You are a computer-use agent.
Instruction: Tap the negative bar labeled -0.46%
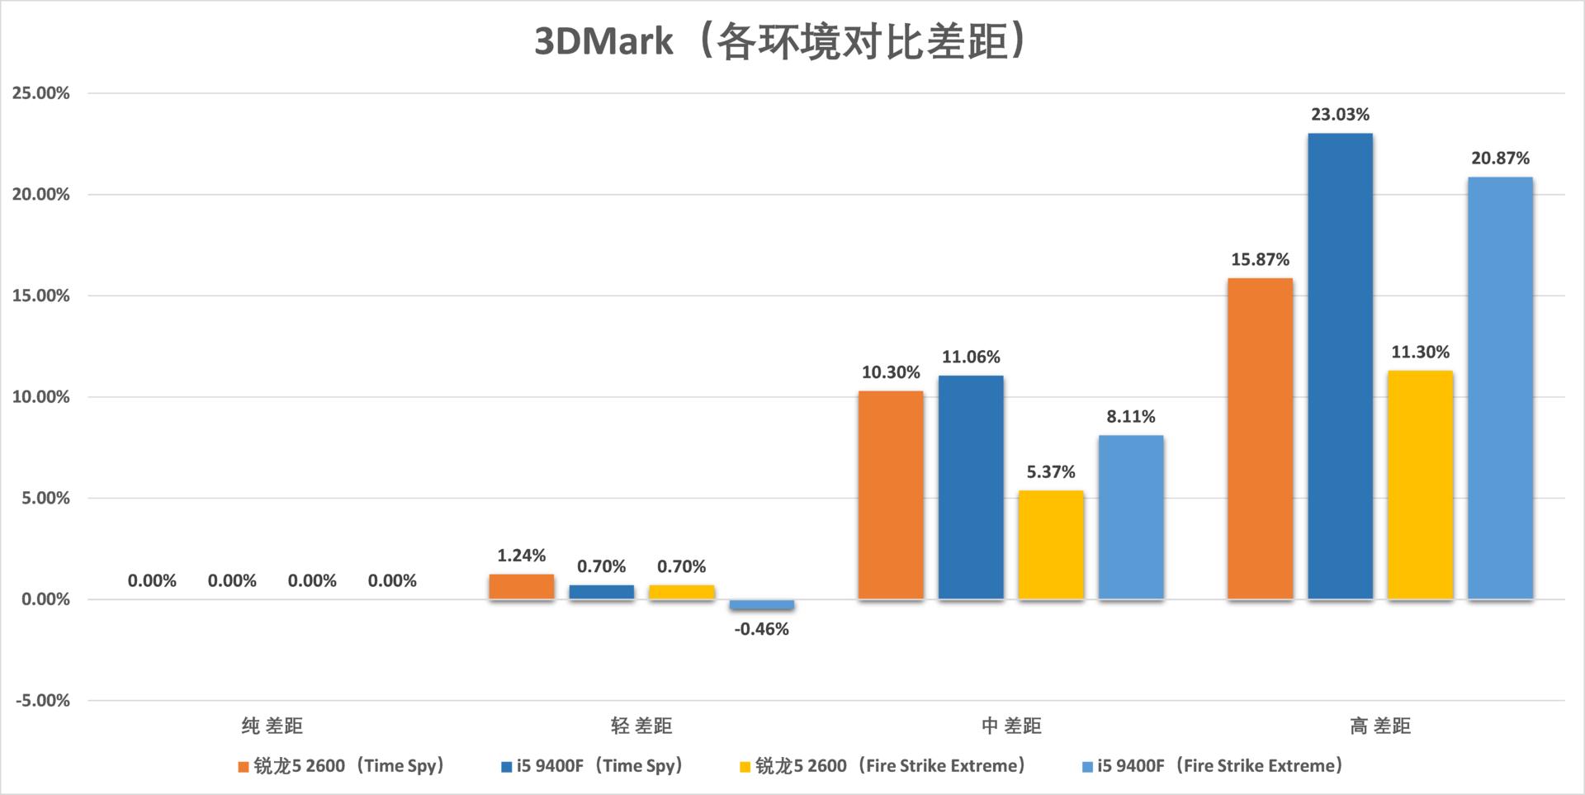761,605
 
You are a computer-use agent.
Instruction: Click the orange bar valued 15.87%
1260,438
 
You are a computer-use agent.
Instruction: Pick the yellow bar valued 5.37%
1050,545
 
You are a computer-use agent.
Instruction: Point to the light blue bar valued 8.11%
1130,517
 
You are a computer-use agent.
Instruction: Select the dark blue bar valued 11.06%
971,487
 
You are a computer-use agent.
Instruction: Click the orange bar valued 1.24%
521,586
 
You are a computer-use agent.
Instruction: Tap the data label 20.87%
1499,158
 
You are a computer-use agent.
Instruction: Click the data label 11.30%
1420,352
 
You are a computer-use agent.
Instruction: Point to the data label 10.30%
890,372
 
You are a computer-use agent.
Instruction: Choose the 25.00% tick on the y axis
40,93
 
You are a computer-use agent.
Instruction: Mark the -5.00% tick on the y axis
43,701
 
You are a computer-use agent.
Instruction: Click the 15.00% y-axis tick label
40,296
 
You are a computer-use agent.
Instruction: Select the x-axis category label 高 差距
1379,726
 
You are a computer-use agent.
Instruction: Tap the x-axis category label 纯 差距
272,726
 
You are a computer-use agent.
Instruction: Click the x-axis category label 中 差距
1010,726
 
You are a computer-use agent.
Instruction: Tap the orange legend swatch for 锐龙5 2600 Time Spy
244,767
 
